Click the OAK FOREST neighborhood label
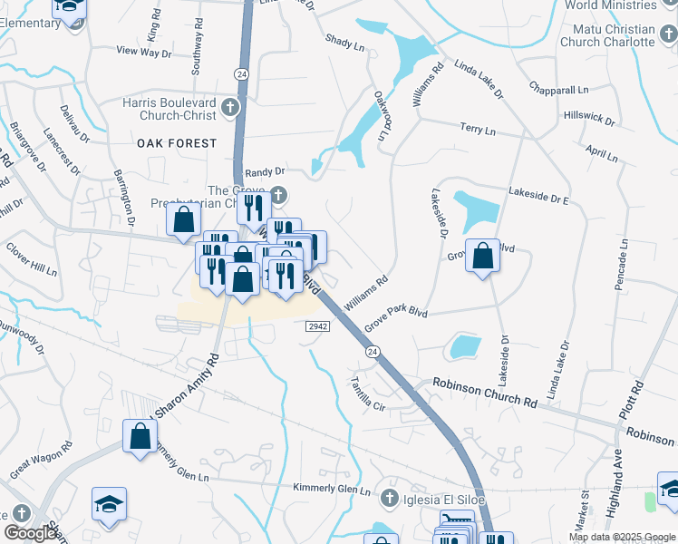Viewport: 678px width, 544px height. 178,143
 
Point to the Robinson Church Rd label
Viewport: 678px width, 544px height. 485,392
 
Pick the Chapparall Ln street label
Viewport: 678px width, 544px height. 558,89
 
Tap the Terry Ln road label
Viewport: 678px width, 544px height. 478,131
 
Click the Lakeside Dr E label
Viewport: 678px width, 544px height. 538,195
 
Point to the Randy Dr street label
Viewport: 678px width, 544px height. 266,170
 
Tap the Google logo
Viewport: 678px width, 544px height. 30,533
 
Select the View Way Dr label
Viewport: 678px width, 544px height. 144,52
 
